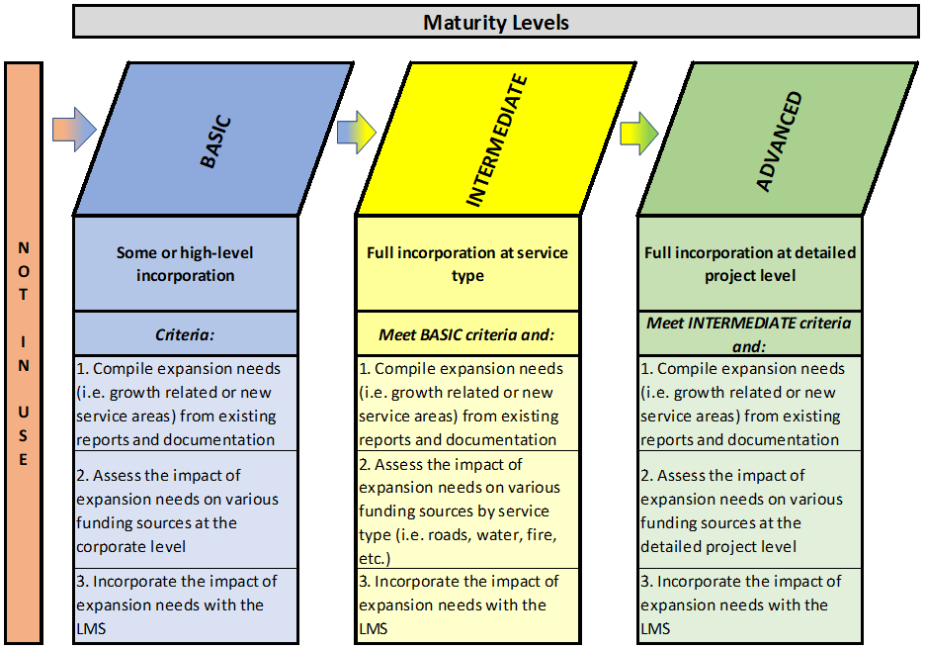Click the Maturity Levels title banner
tap(495, 22)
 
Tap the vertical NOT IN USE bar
tap(24, 353)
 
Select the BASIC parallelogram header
tap(213, 139)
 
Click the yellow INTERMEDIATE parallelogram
tap(496, 139)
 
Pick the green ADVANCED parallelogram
tap(779, 139)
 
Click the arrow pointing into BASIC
tap(74, 130)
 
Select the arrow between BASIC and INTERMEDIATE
tap(357, 132)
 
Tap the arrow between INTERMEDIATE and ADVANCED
tap(638, 134)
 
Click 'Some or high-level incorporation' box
tap(185, 264)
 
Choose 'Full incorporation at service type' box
tap(467, 264)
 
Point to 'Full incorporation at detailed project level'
tap(750, 264)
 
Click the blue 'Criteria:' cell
tap(185, 333)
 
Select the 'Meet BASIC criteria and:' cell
tap(467, 333)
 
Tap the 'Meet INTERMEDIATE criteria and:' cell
tap(750, 333)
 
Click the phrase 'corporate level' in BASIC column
tap(131, 547)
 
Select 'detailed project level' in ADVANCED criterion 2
tap(718, 547)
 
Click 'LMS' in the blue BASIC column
tap(91, 629)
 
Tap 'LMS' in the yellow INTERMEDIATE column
tap(374, 629)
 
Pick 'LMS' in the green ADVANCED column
tap(655, 629)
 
